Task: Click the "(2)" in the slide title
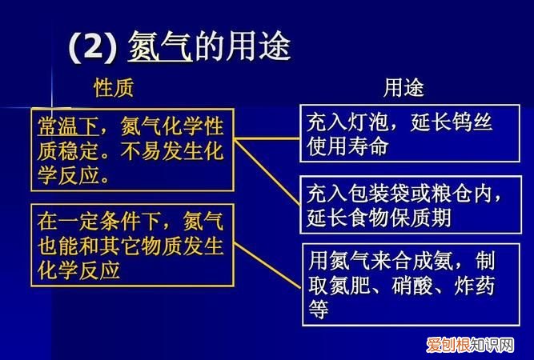pyautogui.click(x=93, y=48)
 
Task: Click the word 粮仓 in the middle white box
pyautogui.click(x=455, y=194)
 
